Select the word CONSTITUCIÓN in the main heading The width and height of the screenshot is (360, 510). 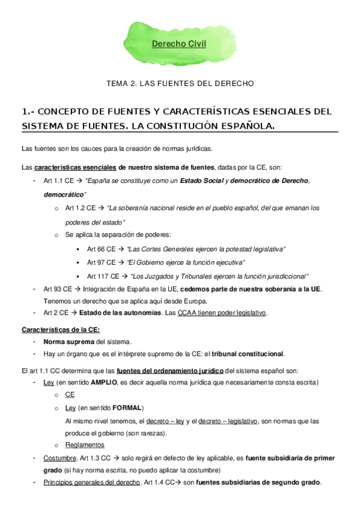click(192, 126)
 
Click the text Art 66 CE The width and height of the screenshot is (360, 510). click(101, 249)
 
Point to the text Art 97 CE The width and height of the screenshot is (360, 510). click(101, 263)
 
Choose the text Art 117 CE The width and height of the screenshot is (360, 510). click(103, 277)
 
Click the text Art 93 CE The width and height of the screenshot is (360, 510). click(58, 289)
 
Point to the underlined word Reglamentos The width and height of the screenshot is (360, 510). click(85, 445)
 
